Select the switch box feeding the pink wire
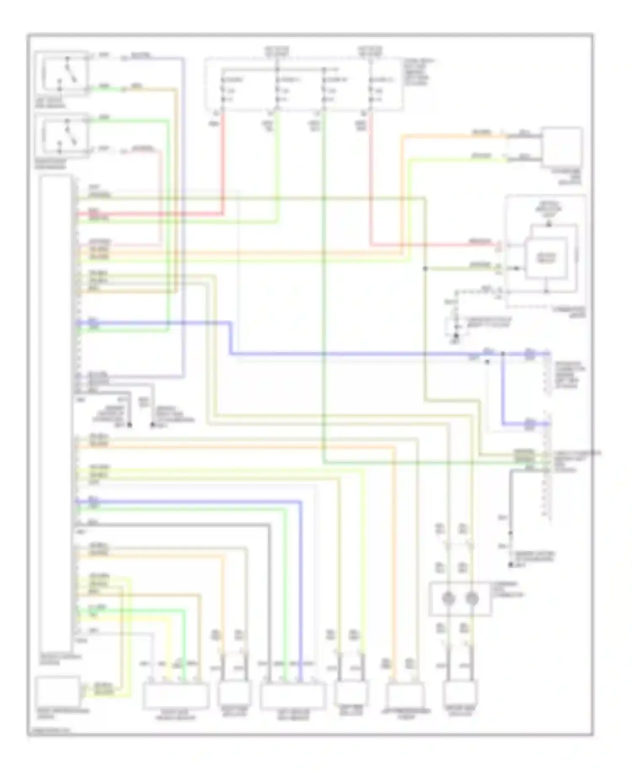(x=62, y=135)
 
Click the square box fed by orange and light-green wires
(x=562, y=146)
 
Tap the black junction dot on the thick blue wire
(x=503, y=354)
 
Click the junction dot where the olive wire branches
(x=426, y=268)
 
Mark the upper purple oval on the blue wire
(x=530, y=354)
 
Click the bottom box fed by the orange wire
(x=405, y=697)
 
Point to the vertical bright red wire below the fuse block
(x=223, y=164)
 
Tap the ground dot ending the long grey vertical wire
(x=511, y=564)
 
